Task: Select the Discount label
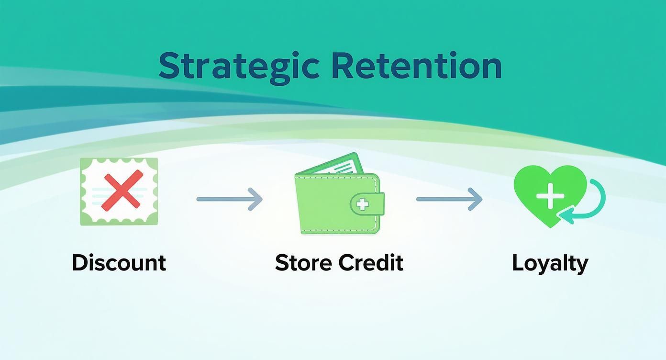pos(119,263)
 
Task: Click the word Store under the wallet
pos(303,263)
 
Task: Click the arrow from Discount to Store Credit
pos(230,198)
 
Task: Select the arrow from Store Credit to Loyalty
pos(449,198)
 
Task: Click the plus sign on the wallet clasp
pos(363,204)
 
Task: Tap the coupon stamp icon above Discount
pos(119,191)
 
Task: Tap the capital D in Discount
pos(80,263)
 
